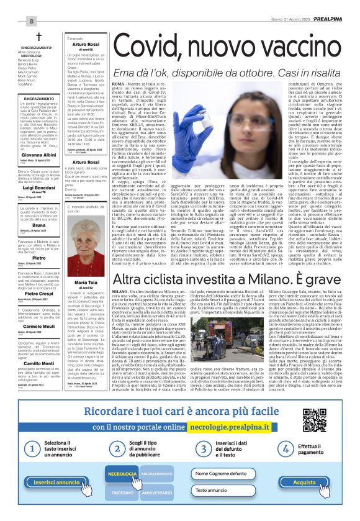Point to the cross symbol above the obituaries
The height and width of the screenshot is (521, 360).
[x=38, y=37]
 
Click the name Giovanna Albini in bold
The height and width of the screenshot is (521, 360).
[x=38, y=154]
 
